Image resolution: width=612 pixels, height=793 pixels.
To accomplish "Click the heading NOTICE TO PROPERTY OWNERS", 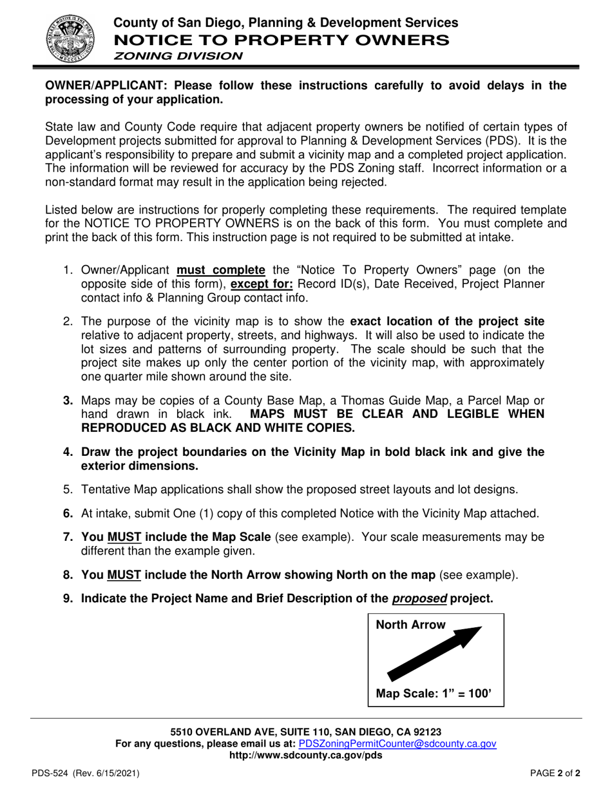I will tap(282, 39).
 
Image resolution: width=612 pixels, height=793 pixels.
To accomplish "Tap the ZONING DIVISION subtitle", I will tap(178, 55).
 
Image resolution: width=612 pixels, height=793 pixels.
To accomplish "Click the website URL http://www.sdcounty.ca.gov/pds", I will tap(305, 755).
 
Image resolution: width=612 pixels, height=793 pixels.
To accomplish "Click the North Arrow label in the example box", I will tap(410, 625).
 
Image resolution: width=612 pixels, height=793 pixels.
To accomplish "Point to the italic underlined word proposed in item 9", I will tap(419, 598).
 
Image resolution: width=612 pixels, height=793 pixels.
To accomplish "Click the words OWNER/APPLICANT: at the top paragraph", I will tap(108, 86).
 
